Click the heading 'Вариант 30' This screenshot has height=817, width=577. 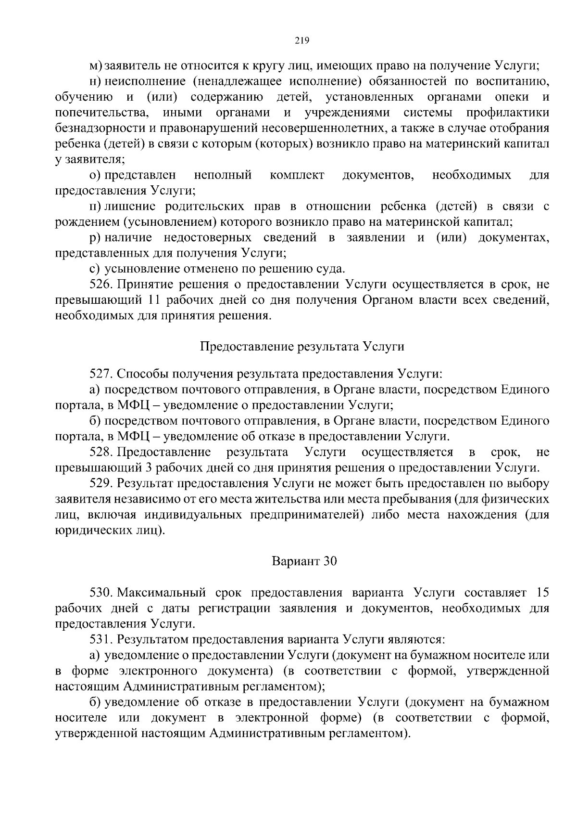[304, 561]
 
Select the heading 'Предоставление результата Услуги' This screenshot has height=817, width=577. [301, 347]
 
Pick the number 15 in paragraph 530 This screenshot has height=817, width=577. [542, 593]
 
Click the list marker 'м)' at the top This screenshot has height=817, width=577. [96, 66]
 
